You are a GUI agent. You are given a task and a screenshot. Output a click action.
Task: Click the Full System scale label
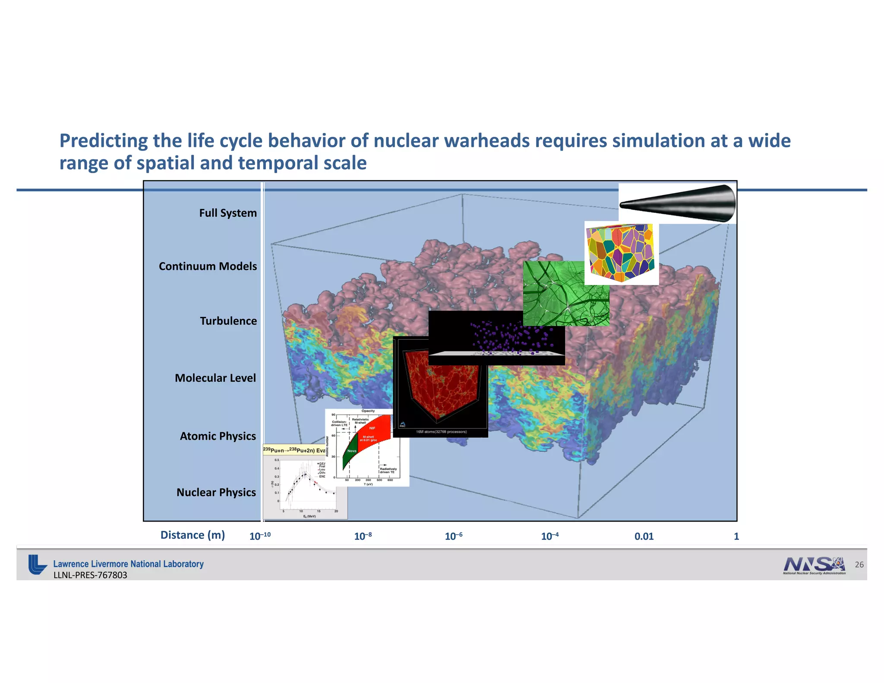228,213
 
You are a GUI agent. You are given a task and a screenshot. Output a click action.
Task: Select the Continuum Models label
208,266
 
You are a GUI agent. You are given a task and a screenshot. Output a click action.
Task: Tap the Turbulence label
228,321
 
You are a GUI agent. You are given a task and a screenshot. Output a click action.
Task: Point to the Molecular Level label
215,378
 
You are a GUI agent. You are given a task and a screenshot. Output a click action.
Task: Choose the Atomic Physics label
218,436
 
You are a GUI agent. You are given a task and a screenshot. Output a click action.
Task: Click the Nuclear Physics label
216,492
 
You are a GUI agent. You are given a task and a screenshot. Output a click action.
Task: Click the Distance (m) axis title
193,535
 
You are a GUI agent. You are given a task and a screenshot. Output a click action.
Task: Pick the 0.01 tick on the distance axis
644,536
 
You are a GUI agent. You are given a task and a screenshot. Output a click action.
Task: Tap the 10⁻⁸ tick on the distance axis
363,536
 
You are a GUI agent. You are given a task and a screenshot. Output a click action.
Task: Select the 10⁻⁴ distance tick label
550,536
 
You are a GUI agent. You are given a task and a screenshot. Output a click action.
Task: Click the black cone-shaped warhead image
678,203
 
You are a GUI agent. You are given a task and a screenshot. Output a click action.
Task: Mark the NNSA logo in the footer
814,565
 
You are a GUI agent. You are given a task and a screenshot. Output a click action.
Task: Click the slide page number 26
859,565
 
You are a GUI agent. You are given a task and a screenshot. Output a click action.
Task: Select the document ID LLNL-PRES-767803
90,575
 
